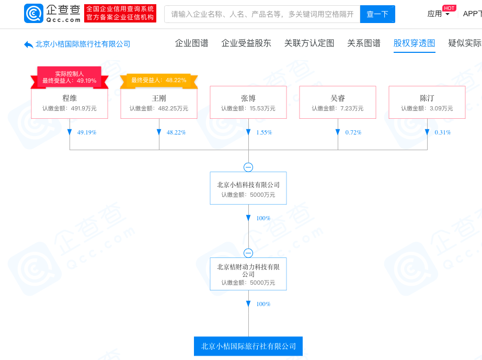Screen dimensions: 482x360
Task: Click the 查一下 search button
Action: click(377, 14)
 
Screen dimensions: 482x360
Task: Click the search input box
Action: click(262, 14)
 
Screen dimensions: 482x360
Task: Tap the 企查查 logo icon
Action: click(33, 13)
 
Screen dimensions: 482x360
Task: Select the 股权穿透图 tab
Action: click(415, 43)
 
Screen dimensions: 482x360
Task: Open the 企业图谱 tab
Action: click(191, 43)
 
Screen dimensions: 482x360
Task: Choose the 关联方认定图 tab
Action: click(309, 43)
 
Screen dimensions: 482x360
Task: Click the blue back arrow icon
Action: click(29, 44)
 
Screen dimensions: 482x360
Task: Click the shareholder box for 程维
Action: click(70, 103)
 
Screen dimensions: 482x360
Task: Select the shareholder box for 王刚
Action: click(159, 103)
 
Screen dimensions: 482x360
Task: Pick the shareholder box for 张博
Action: click(248, 103)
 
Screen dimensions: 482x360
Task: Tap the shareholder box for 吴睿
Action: click(338, 103)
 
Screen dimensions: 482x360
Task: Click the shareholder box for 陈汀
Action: click(427, 103)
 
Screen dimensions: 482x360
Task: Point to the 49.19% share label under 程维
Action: click(87, 132)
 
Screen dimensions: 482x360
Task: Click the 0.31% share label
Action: click(443, 132)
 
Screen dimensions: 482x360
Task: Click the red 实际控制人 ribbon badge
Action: click(70, 77)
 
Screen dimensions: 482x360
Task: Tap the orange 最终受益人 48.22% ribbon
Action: click(159, 81)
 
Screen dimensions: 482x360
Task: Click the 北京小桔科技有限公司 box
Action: click(248, 188)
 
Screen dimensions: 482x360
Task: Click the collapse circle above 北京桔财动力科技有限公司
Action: click(248, 253)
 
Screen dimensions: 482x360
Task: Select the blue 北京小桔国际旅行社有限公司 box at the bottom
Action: click(248, 346)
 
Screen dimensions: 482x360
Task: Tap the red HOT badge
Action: click(449, 8)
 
